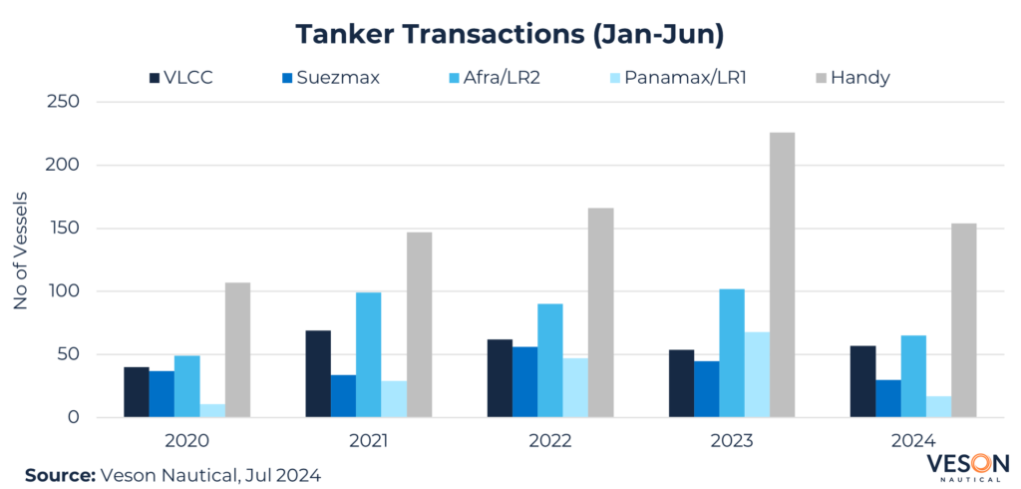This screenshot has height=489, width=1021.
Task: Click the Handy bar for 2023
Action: click(782, 274)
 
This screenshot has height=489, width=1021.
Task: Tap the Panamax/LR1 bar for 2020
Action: click(211, 410)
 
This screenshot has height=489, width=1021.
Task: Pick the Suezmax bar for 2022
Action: click(524, 381)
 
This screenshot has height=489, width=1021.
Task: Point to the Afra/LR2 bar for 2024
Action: click(913, 376)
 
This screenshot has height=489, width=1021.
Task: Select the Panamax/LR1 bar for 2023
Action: click(757, 374)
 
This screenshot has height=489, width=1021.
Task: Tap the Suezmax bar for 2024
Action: click(888, 398)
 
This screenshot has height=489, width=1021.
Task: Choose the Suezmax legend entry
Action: click(329, 77)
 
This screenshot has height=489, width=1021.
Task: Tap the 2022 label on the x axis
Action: click(550, 440)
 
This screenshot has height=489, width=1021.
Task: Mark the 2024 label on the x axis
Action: click(913, 440)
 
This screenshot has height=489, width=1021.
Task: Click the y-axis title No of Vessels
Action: click(20, 259)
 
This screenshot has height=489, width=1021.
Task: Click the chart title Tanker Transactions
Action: click(510, 34)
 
